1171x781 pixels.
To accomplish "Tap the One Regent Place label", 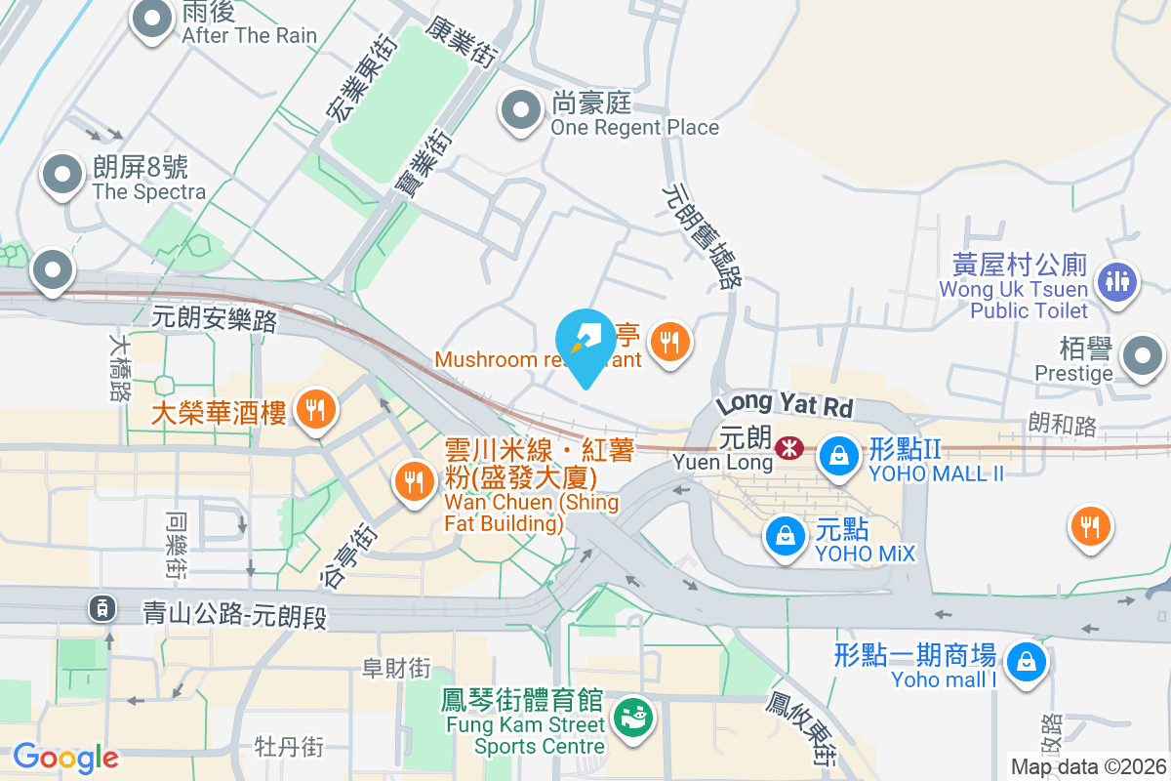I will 634,127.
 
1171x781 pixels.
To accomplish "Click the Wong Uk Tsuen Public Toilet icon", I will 1117,282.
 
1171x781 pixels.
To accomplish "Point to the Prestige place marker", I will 1143,357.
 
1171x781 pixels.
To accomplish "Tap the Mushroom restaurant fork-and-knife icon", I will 669,343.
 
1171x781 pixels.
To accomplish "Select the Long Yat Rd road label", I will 785,402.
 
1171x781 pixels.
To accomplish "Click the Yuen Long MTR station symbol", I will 787,448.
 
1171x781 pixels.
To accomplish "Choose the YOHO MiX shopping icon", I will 785,536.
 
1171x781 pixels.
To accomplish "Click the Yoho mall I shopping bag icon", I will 1026,662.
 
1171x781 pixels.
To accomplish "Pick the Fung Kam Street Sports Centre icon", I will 633,719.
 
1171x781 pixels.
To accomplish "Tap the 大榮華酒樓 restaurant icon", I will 314,409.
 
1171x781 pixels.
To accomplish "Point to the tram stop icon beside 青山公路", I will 101,608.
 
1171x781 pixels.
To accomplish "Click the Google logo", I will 65,758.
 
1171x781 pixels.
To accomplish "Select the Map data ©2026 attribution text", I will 1087,766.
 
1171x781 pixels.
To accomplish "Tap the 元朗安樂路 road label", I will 215,317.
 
